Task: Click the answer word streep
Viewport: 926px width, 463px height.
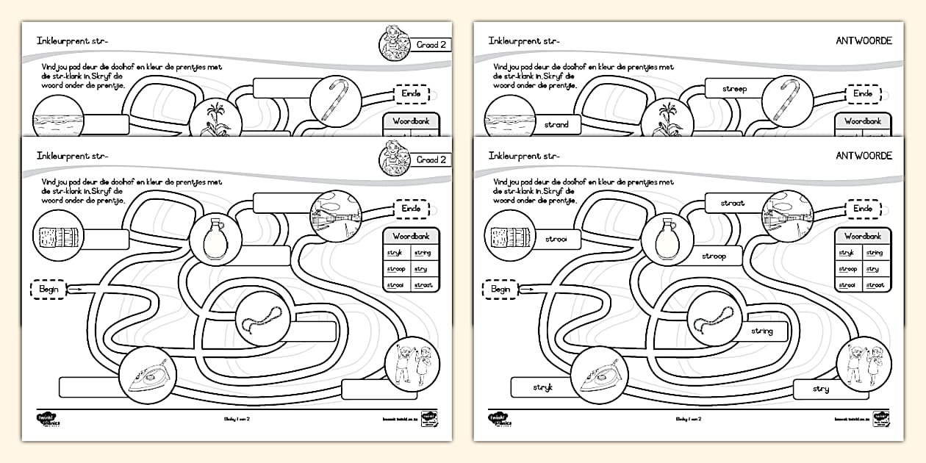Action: pyautogui.click(x=734, y=90)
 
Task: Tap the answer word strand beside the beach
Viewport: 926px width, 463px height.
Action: pyautogui.click(x=556, y=125)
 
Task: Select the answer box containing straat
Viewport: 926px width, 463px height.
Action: pyautogui.click(x=732, y=203)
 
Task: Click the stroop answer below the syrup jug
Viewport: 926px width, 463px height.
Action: pyautogui.click(x=714, y=256)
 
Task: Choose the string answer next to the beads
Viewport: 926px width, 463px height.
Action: pyautogui.click(x=762, y=331)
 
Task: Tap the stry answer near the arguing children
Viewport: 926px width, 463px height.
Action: pyautogui.click(x=821, y=390)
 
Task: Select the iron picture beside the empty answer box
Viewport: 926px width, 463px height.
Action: pyautogui.click(x=147, y=376)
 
